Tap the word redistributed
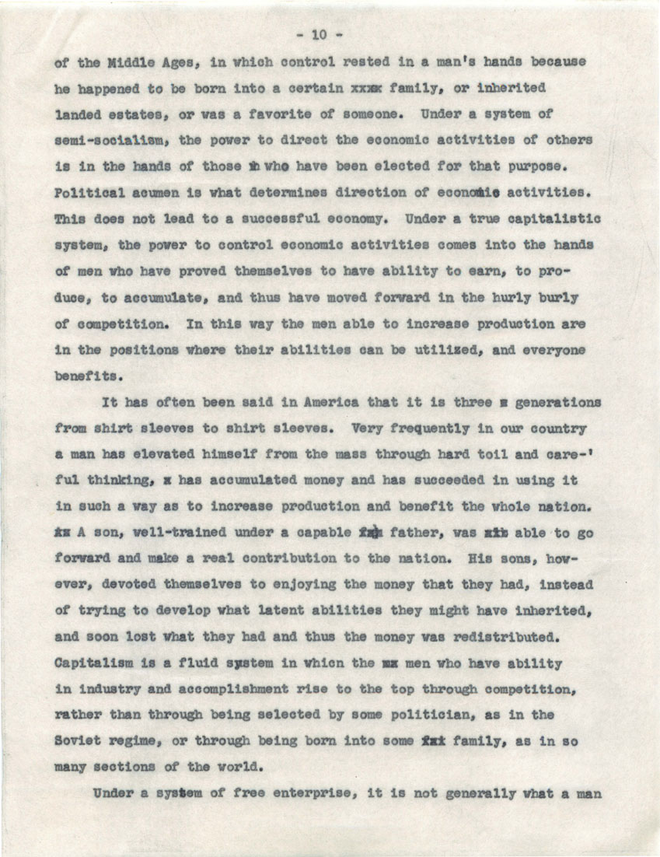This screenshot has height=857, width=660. pos(491,638)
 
